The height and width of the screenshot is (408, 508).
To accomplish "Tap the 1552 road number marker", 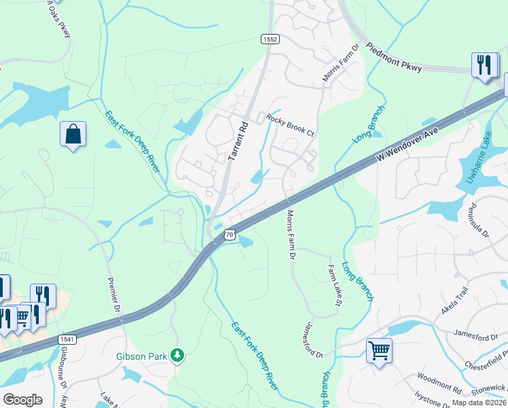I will click(x=270, y=40).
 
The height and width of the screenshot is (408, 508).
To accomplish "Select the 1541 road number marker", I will click(x=67, y=339).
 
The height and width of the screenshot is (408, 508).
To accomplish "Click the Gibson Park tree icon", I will click(x=177, y=355).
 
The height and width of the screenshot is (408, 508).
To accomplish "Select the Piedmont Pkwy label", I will click(x=394, y=58).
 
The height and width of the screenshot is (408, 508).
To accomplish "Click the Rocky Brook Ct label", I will click(x=290, y=125).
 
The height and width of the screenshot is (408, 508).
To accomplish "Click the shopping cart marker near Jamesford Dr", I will click(x=379, y=352).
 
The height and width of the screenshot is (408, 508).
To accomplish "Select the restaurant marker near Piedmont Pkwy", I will click(x=484, y=66).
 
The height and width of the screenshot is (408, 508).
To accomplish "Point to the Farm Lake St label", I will click(x=334, y=285).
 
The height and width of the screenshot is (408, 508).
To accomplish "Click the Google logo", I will click(x=22, y=400).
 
